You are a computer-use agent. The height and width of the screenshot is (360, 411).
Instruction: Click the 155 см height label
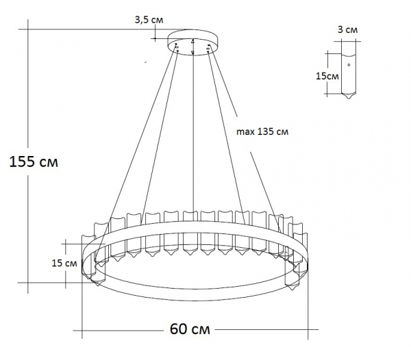click(x=34, y=163)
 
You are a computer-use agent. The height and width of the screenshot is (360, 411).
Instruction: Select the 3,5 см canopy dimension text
click(x=149, y=20)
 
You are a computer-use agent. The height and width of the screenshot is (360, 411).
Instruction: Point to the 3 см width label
click(x=348, y=30)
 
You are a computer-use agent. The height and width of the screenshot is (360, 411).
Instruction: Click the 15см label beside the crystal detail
click(x=327, y=76)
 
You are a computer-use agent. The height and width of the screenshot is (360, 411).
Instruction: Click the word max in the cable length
click(x=245, y=132)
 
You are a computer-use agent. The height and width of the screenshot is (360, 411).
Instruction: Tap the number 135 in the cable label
click(x=266, y=132)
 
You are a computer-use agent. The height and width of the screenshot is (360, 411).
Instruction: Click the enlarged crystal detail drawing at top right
click(x=349, y=68)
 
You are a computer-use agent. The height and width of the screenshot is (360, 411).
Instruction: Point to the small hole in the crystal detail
click(x=349, y=65)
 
